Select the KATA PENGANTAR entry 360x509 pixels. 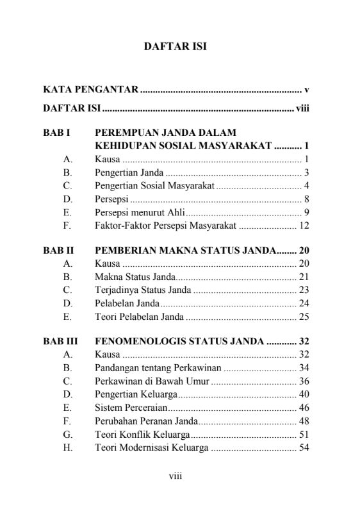point(90,89)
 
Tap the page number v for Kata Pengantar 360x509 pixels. point(307,89)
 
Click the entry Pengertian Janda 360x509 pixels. point(129,172)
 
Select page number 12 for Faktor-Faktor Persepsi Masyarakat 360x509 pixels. point(304,225)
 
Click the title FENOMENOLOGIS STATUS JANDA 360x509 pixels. point(179,341)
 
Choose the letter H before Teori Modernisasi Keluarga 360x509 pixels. point(68,447)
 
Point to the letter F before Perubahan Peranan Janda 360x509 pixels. point(67,421)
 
